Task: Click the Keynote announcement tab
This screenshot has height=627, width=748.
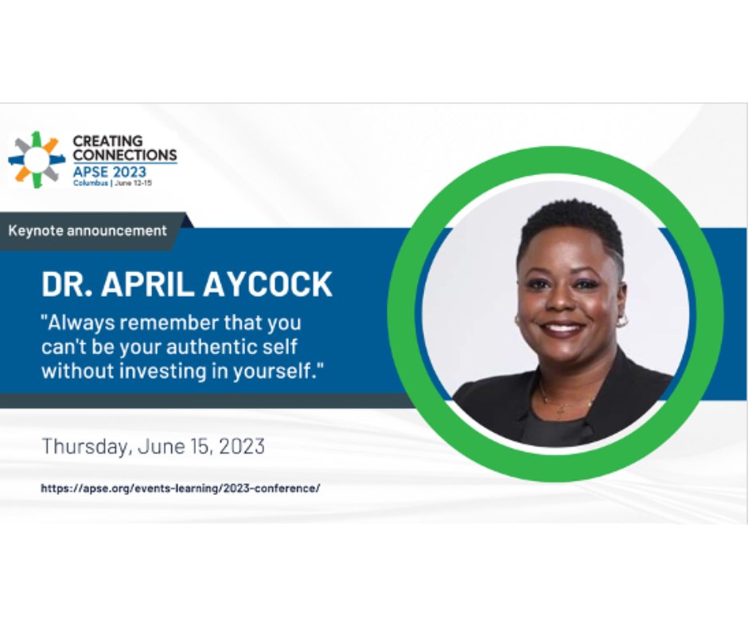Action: click(x=88, y=231)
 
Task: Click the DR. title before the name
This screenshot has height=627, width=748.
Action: click(x=68, y=284)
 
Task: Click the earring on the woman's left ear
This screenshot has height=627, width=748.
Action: click(x=621, y=321)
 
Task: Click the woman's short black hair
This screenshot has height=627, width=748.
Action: click(x=570, y=224)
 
